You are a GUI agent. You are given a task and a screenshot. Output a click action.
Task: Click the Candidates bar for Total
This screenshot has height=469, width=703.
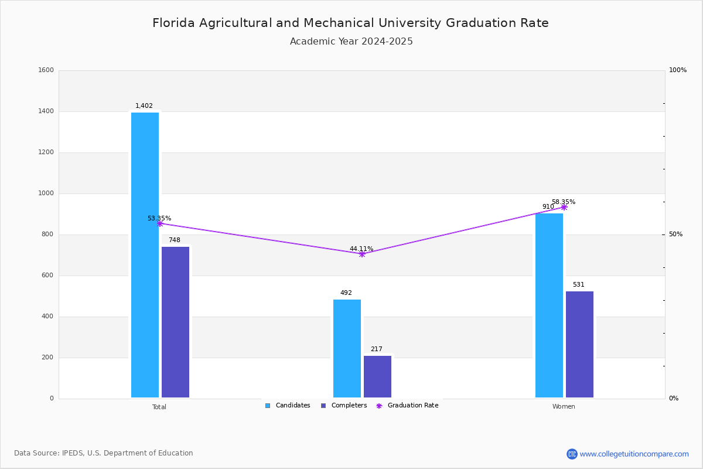pos(145,255)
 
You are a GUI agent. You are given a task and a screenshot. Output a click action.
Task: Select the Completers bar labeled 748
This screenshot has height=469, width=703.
pos(175,322)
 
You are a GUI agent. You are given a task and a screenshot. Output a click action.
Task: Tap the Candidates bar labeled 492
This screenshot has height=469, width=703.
pos(347,348)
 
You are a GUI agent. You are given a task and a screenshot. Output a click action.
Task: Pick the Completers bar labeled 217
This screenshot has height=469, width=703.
pos(377,376)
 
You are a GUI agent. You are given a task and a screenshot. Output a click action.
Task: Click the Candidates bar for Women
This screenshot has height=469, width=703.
pos(549,305)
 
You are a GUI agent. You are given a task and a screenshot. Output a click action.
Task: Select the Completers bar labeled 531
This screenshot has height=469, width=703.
pos(579,344)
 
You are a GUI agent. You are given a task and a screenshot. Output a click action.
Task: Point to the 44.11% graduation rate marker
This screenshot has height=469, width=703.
pos(361,254)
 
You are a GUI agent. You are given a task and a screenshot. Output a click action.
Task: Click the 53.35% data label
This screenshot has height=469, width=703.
pos(159,219)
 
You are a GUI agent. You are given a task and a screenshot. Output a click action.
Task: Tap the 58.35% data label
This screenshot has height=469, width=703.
pos(563,202)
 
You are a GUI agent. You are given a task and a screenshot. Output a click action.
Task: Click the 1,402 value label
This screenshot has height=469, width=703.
pos(144,106)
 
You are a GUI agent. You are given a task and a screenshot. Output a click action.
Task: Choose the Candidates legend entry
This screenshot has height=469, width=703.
pos(288,406)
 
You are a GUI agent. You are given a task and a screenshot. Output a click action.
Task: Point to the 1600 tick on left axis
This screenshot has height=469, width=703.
pos(46,70)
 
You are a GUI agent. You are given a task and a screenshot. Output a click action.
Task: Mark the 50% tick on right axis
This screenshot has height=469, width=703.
pos(675,235)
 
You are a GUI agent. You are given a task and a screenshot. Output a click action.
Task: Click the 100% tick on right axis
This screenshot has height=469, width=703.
pos(677,70)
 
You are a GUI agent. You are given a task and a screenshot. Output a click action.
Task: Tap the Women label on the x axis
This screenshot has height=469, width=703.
pos(564,407)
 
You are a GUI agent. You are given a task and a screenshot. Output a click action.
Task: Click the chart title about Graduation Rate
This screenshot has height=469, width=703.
pos(350,23)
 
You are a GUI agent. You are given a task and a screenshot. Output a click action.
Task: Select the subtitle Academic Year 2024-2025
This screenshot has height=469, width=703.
pos(351,42)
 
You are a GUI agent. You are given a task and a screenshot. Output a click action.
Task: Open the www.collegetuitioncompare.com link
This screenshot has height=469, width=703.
pos(634,454)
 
